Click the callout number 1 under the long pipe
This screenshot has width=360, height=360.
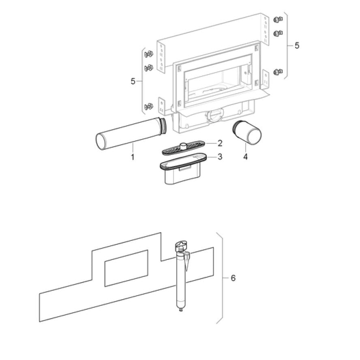133,157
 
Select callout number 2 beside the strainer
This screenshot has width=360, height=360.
220,143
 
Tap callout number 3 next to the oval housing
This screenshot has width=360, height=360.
220,156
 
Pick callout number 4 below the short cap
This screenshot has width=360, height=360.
245,157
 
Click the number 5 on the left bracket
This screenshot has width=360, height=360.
133,81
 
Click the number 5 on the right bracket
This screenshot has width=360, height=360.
297,45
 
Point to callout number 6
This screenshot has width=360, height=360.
233,278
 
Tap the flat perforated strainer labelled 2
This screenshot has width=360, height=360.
183,148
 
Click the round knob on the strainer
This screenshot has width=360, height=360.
183,145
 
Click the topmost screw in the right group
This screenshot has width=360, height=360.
278,19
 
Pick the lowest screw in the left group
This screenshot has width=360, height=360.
149,106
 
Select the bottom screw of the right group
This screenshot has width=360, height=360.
278,72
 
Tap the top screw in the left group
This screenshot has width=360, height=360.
149,54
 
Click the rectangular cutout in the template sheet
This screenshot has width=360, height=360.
126,268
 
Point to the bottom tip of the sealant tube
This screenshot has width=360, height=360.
181,310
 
